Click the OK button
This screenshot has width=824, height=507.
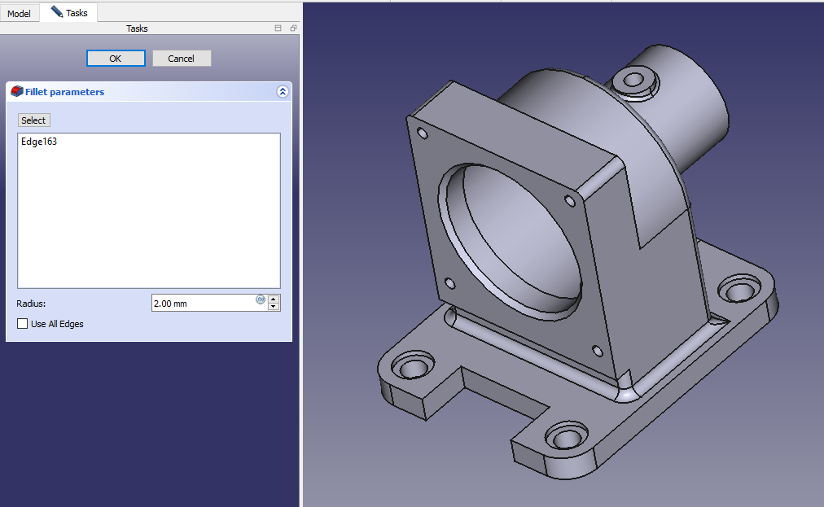tap(116, 59)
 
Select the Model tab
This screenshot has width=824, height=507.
tap(19, 13)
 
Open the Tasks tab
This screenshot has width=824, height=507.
tap(69, 12)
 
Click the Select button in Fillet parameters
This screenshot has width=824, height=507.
tap(33, 120)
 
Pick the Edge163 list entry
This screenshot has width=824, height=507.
tap(39, 142)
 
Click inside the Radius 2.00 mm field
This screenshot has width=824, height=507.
tap(202, 304)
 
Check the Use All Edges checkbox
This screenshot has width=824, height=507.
tap(22, 324)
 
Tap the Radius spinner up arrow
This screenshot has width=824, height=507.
tap(274, 299)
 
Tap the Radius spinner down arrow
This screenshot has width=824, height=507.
tap(274, 307)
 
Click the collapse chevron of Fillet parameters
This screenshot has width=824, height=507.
tap(283, 92)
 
